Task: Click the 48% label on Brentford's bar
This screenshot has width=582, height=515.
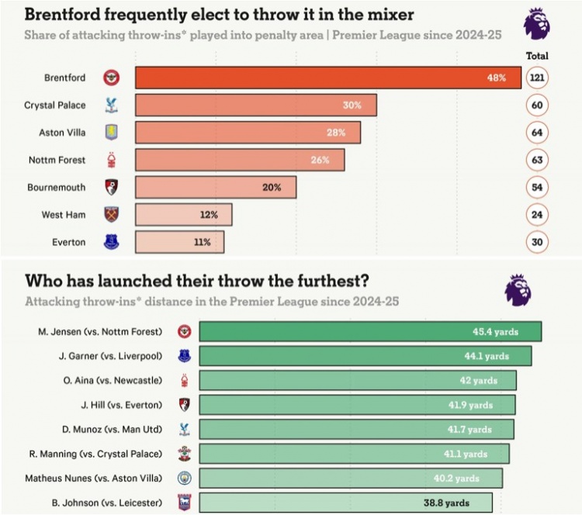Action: [x=497, y=78]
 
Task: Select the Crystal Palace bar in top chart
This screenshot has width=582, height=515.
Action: [x=256, y=105]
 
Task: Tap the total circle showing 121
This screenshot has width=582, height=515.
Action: [x=537, y=78]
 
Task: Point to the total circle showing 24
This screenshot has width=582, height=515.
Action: [x=537, y=214]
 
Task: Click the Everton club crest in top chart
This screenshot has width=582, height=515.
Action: [x=113, y=241]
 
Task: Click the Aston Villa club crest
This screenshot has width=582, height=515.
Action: [x=113, y=133]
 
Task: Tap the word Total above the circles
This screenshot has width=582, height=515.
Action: [x=537, y=56]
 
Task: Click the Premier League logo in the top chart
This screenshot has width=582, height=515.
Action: [x=537, y=23]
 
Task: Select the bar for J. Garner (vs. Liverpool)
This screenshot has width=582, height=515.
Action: [x=365, y=356]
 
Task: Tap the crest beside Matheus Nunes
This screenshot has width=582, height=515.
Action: [x=185, y=478]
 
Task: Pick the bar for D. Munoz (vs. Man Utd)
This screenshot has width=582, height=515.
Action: [x=356, y=429]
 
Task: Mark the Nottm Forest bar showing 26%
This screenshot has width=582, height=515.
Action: [x=240, y=160]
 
